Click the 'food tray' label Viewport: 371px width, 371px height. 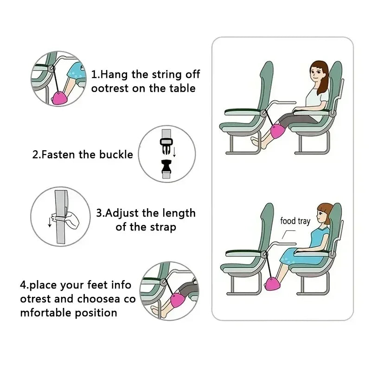295,221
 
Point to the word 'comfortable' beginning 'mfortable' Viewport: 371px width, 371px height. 68,313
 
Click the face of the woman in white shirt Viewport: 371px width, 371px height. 316,75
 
